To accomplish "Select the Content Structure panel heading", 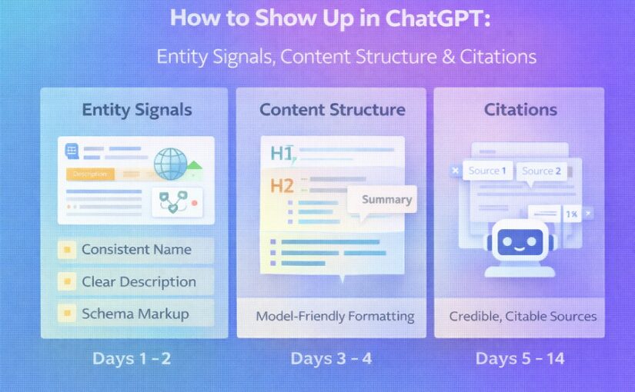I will [x=332, y=109].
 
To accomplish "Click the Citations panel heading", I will [x=520, y=109].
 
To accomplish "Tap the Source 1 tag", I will [x=487, y=171].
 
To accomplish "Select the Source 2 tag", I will [x=541, y=171].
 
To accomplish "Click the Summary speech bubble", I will [x=386, y=200].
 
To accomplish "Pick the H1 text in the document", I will [x=282, y=154].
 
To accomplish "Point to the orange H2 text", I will [x=282, y=185].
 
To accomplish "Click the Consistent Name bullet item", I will [x=135, y=250].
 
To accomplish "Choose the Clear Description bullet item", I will [x=135, y=281].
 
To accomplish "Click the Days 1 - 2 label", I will [x=132, y=358].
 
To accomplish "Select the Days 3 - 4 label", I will [x=331, y=358].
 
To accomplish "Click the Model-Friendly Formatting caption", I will [x=335, y=316].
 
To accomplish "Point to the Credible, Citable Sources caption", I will [x=523, y=316].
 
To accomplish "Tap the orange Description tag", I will [x=89, y=174].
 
